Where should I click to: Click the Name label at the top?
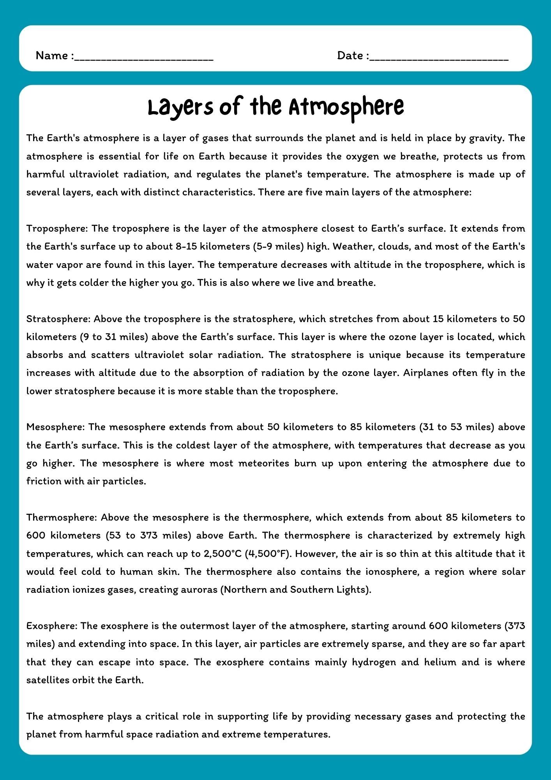point(52,56)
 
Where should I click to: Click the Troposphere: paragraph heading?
point(57,229)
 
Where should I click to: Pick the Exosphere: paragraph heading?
point(52,626)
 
